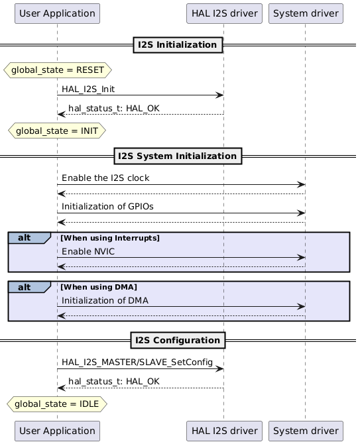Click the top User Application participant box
coord(57,13)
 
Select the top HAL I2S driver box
coord(223,13)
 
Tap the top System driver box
coord(305,13)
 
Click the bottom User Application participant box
coord(57,430)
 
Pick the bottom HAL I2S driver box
coord(223,430)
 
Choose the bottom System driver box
coord(305,430)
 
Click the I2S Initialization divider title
coord(178,45)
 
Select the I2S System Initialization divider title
coord(178,156)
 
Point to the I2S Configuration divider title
coord(178,340)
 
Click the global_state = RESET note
coord(58,69)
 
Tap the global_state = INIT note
coord(57,131)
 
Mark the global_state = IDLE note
coord(57,403)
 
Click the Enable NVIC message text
coord(90,251)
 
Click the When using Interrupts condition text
coord(110,237)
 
